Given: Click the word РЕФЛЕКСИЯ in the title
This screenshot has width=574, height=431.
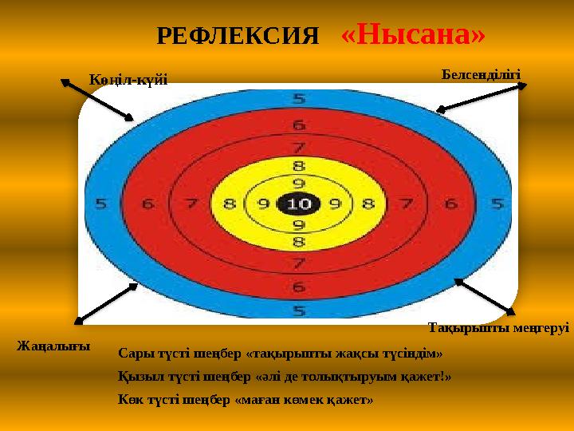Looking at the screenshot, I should pos(238,36).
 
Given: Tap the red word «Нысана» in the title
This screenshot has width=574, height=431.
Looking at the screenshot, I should pos(413,34).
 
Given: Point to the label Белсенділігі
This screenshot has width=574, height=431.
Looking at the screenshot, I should pos(481,74).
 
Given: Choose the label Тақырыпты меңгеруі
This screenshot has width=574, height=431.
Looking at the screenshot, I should pos(498,327).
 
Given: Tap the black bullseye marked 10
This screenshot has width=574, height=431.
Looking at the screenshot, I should pos(299,204).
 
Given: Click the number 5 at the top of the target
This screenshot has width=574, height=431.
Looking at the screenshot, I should pos(299,100).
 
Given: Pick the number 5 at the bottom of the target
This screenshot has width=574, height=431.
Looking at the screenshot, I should pos(299,310).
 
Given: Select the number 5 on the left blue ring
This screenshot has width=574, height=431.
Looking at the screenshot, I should pos(101,204).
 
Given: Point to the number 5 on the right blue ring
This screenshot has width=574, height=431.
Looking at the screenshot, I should pos(497,204).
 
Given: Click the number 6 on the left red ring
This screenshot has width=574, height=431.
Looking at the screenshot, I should pos(147,204).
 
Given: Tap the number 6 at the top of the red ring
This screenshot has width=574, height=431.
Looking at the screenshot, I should pos(299,125).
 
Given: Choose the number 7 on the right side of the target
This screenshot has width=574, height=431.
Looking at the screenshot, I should pos(407,204).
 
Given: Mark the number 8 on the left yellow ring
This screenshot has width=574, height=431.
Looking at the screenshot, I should pos(230,204).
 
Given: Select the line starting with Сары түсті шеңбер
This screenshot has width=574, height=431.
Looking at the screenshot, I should pos(280,353).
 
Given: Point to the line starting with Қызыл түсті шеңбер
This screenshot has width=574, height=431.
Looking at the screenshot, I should pos(284,376).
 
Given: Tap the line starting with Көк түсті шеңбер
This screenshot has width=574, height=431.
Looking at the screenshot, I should pos(245,398).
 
